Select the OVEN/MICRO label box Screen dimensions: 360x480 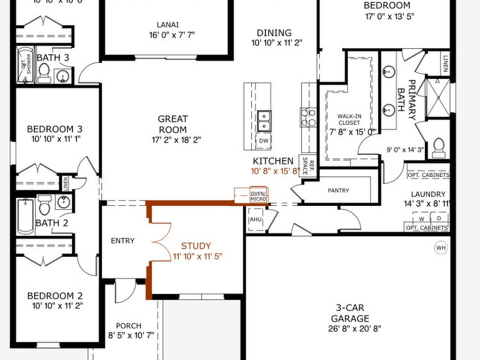tap(258, 196)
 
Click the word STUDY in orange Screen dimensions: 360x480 tap(196, 246)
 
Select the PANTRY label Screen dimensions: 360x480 tap(338, 191)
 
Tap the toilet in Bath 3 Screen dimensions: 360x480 tap(44, 73)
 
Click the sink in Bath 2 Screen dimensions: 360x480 tap(63, 202)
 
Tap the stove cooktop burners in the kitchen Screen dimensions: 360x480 tap(308, 117)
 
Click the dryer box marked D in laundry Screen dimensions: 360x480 tap(439, 218)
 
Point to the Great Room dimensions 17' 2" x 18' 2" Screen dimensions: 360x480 tap(173, 140)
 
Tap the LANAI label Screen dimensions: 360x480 tap(167, 25)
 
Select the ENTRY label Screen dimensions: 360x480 tap(122, 241)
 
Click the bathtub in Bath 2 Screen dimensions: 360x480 tap(26, 217)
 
